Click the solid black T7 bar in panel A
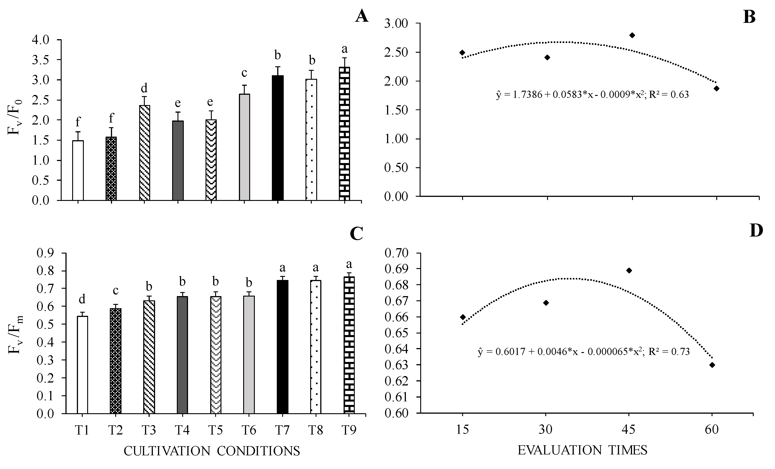(x=278, y=138)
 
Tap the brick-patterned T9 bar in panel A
(x=344, y=133)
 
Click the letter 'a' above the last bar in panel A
(x=344, y=49)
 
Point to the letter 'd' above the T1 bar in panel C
(x=82, y=300)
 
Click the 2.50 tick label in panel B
(x=396, y=52)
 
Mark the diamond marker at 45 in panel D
(x=629, y=271)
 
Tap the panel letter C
(x=356, y=234)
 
